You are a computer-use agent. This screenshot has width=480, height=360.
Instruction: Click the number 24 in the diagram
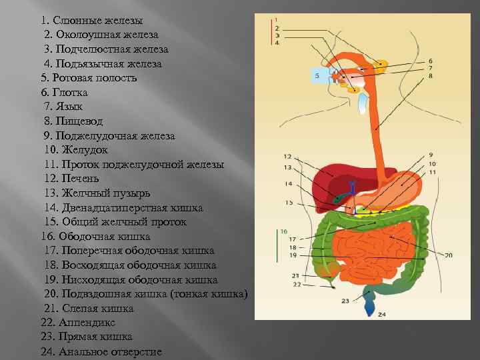coord(382,313)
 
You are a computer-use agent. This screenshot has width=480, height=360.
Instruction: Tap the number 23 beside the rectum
coord(345,301)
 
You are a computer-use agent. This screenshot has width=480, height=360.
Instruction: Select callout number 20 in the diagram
coord(448,255)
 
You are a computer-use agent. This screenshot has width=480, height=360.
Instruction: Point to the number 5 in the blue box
coord(317,77)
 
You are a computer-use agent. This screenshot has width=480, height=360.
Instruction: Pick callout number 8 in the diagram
coord(431,77)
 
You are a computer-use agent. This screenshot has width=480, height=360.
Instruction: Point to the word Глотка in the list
coord(73,92)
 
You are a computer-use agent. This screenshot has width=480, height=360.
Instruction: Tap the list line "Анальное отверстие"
coord(110,351)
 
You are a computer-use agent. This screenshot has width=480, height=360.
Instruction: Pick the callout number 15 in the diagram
coord(289,202)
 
